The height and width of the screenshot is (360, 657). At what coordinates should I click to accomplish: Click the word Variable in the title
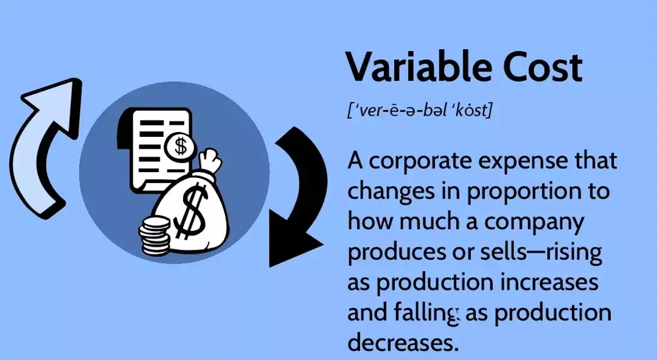[x=419, y=67]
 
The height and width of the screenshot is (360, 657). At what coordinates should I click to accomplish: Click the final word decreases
[x=401, y=342]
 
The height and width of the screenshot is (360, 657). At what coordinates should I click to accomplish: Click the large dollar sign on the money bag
[x=191, y=212]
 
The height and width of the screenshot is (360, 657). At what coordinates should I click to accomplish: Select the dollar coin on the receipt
[x=180, y=146]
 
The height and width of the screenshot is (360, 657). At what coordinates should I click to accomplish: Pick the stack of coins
[x=154, y=236]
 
